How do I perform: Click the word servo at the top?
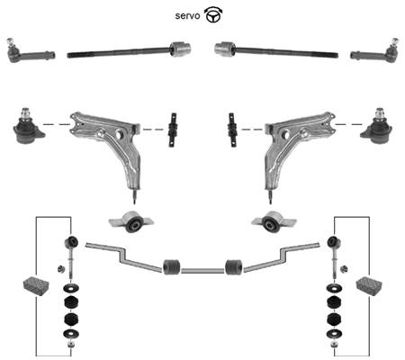(x=187, y=15)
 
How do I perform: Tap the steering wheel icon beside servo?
(x=213, y=15)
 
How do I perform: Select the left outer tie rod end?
(x=31, y=51)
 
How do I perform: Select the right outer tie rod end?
(x=374, y=51)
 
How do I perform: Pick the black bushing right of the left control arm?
(x=173, y=130)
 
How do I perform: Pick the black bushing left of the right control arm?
(x=232, y=130)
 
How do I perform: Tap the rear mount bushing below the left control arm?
(x=131, y=222)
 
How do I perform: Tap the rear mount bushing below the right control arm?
(x=274, y=222)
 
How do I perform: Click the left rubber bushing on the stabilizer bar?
(x=172, y=266)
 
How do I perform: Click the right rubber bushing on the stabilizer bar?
(x=234, y=266)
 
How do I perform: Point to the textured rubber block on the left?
(x=36, y=286)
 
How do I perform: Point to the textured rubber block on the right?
(x=369, y=286)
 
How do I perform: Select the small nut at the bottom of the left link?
(x=71, y=344)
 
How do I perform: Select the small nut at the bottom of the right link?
(x=334, y=344)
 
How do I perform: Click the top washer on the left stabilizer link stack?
(x=71, y=289)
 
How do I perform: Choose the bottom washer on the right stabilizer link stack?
(x=334, y=333)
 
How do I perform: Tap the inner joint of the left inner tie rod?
(x=181, y=49)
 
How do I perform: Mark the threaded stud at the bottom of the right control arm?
(x=270, y=195)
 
